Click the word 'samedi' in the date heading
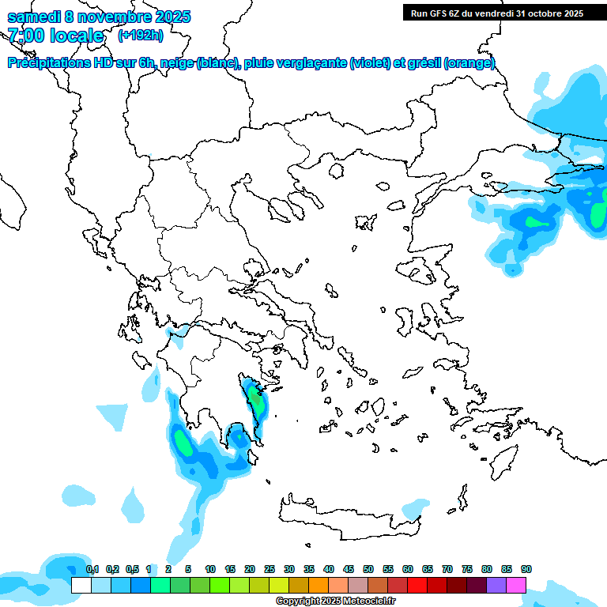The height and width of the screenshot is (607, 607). click(33, 17)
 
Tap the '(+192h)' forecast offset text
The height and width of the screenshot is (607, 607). click(141, 35)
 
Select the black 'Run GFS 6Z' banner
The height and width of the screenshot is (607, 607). click(497, 13)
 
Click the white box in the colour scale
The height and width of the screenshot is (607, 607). click(81, 585)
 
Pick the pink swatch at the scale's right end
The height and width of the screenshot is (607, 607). click(516, 585)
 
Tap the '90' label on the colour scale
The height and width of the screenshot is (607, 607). click(526, 569)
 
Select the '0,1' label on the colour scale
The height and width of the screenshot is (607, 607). click(92, 569)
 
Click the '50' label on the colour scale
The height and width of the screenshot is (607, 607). click(368, 569)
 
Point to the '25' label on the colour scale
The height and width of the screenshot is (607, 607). click(270, 569)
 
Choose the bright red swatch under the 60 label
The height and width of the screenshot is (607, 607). click(417, 585)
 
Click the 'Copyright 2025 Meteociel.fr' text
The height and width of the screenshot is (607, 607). click(336, 601)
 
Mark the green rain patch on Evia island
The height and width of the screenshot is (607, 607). click(254, 393)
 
